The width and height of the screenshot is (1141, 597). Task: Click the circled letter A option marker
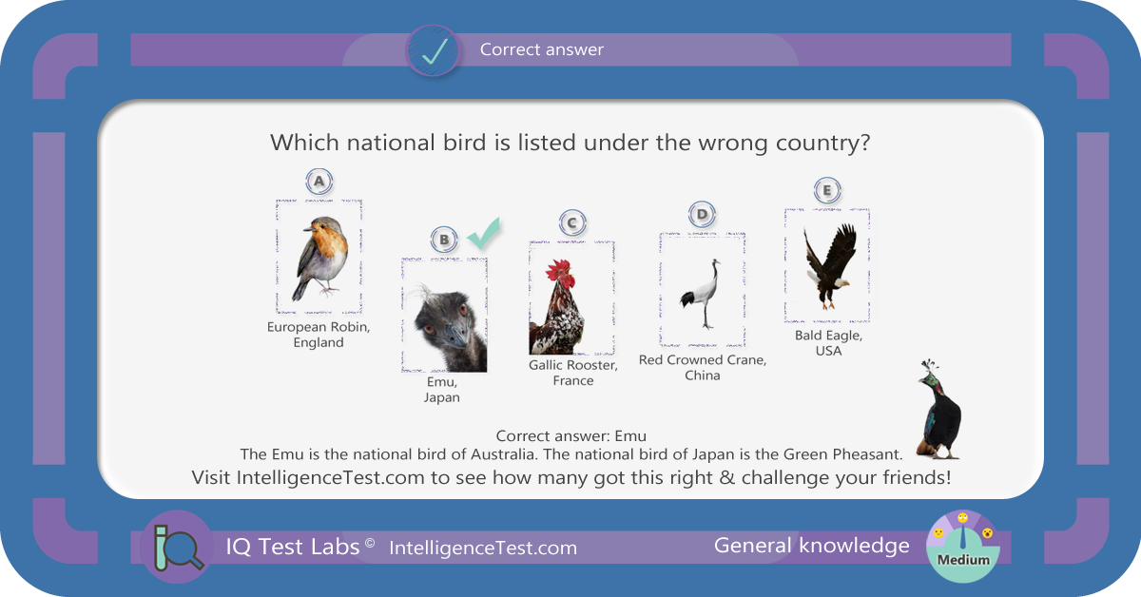coord(319,182)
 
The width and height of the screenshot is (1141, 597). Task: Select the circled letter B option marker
coord(444,240)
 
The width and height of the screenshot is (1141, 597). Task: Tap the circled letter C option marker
coord(572,223)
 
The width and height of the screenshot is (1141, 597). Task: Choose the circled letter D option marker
coord(702,215)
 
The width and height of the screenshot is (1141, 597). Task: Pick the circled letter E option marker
coord(826,190)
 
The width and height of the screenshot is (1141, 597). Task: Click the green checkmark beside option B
coord(484,234)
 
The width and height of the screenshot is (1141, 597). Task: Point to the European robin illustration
coord(319,259)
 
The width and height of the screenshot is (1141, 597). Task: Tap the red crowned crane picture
coord(702,294)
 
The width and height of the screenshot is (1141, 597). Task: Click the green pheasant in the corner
coord(938,410)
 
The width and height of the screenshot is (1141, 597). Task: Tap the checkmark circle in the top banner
coord(434,51)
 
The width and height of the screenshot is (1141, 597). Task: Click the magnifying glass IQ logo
coord(178,547)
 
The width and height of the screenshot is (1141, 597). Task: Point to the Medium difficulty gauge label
coord(963,560)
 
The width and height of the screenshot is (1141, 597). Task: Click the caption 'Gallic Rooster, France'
coord(573,373)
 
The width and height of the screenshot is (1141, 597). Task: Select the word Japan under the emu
coord(441,397)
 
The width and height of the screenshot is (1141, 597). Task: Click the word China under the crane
coord(703,376)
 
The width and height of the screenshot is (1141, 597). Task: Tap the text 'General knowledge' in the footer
coord(811,546)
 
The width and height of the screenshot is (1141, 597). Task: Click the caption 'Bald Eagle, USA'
coord(828,343)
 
